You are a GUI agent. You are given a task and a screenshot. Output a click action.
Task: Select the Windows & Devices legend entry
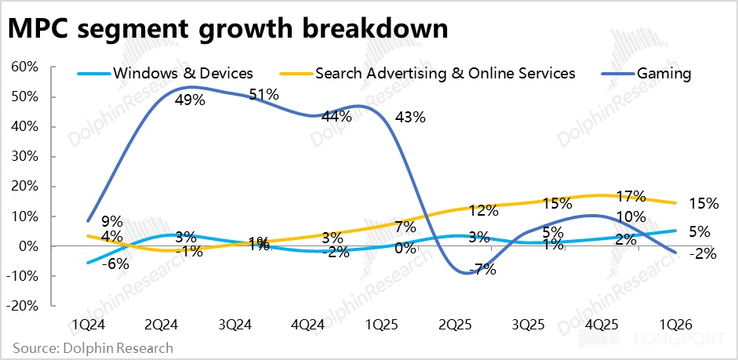[x=183, y=74]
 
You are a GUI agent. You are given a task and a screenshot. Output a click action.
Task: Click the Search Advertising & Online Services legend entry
[x=445, y=74]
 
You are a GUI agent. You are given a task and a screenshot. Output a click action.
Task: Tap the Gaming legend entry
[x=663, y=74]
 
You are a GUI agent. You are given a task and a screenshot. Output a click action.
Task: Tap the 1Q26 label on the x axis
[x=676, y=324]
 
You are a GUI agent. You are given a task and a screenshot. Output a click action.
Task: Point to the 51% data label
[x=263, y=95]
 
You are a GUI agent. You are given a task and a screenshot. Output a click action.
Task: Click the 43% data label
[x=409, y=118]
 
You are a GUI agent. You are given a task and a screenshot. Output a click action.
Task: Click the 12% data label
[x=484, y=210]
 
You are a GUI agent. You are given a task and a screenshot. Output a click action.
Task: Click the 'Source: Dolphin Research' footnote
[x=93, y=347]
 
